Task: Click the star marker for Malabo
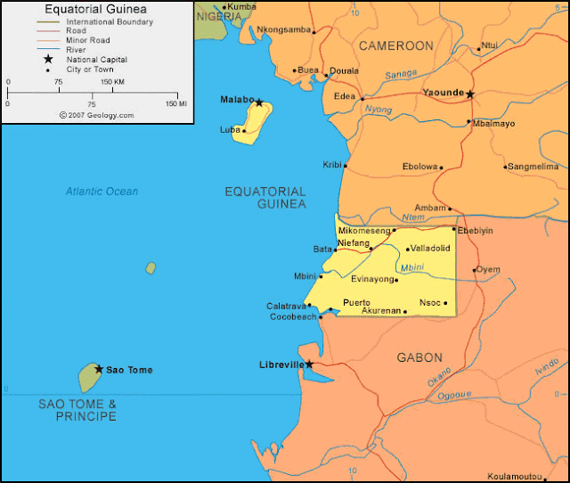tap(259, 102)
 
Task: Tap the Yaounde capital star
tap(470, 94)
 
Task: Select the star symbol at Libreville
tap(309, 364)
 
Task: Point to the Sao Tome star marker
tap(99, 369)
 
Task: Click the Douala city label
tap(344, 70)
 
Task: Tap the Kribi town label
tap(332, 165)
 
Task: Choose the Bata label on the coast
tap(322, 249)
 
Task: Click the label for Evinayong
tap(372, 279)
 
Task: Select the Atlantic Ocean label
tap(102, 192)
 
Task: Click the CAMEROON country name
tap(395, 45)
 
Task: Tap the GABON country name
tap(419, 357)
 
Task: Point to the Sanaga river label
tap(401, 76)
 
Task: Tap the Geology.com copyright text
tap(96, 115)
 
